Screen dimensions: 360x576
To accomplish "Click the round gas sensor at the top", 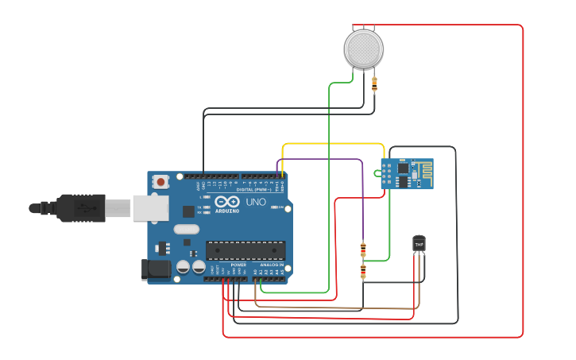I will [364, 48].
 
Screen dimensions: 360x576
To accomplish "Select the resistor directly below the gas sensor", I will [374, 82].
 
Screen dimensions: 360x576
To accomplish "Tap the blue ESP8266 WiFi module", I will [406, 173].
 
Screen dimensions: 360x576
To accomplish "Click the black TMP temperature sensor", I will [419, 242].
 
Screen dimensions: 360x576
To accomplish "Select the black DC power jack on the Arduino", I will [156, 269].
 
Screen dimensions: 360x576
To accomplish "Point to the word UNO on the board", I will [256, 202].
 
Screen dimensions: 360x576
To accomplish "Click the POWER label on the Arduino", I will [238, 265].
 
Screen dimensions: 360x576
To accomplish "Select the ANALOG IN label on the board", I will [271, 265].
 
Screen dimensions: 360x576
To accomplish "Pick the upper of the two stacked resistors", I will [363, 250].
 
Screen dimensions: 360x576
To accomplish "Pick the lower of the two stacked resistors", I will [363, 272].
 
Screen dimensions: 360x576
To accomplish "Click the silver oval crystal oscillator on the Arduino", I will [184, 230].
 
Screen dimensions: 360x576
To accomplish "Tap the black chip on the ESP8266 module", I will [404, 168].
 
